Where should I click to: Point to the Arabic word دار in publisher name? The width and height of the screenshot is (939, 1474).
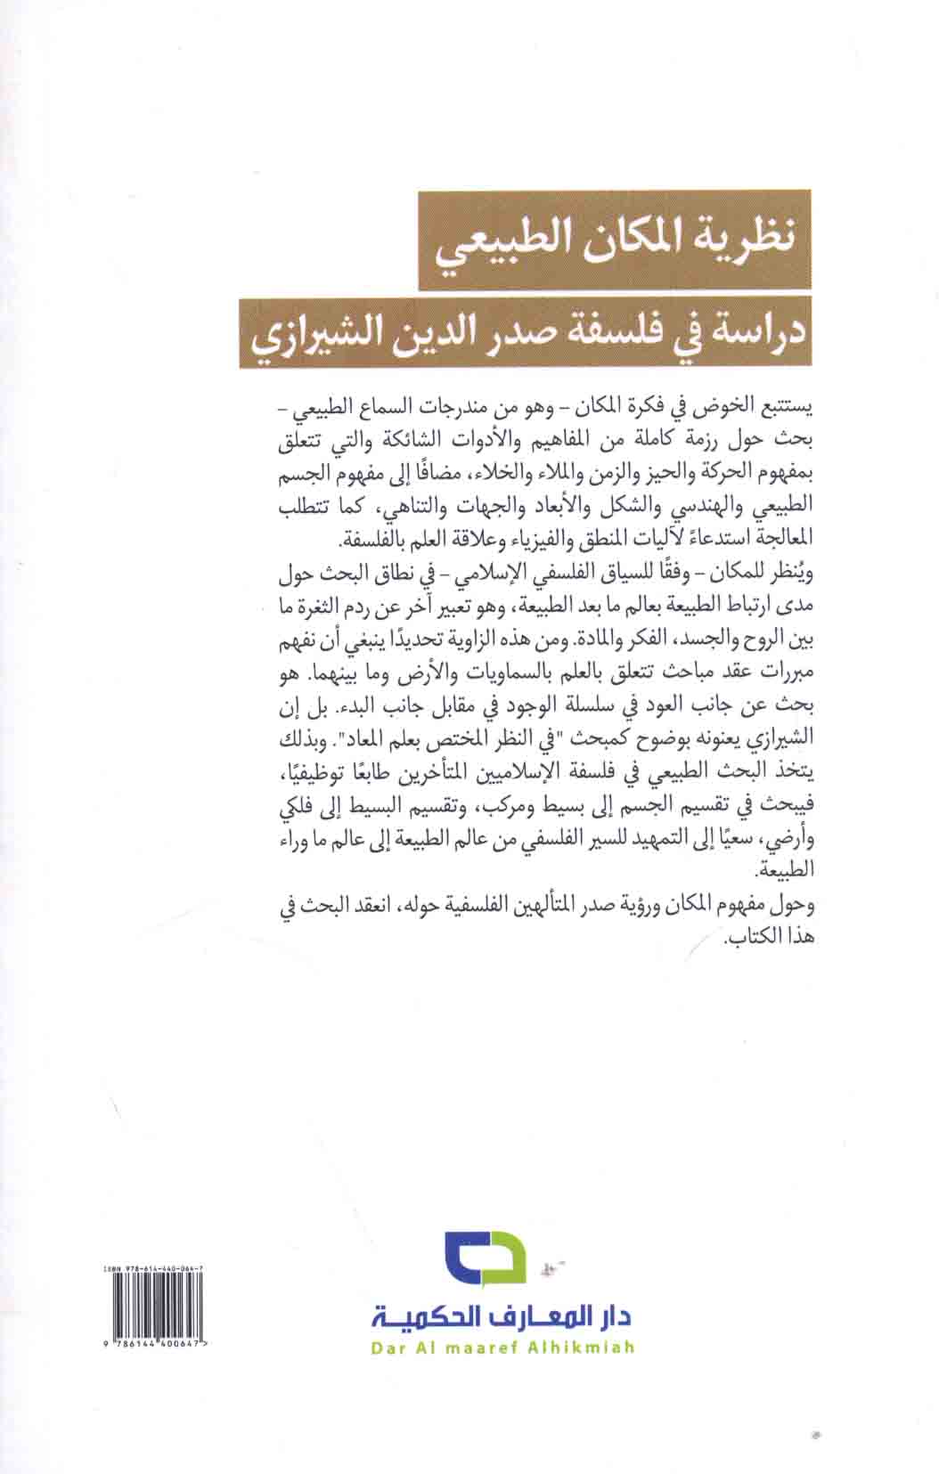tap(615, 1315)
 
